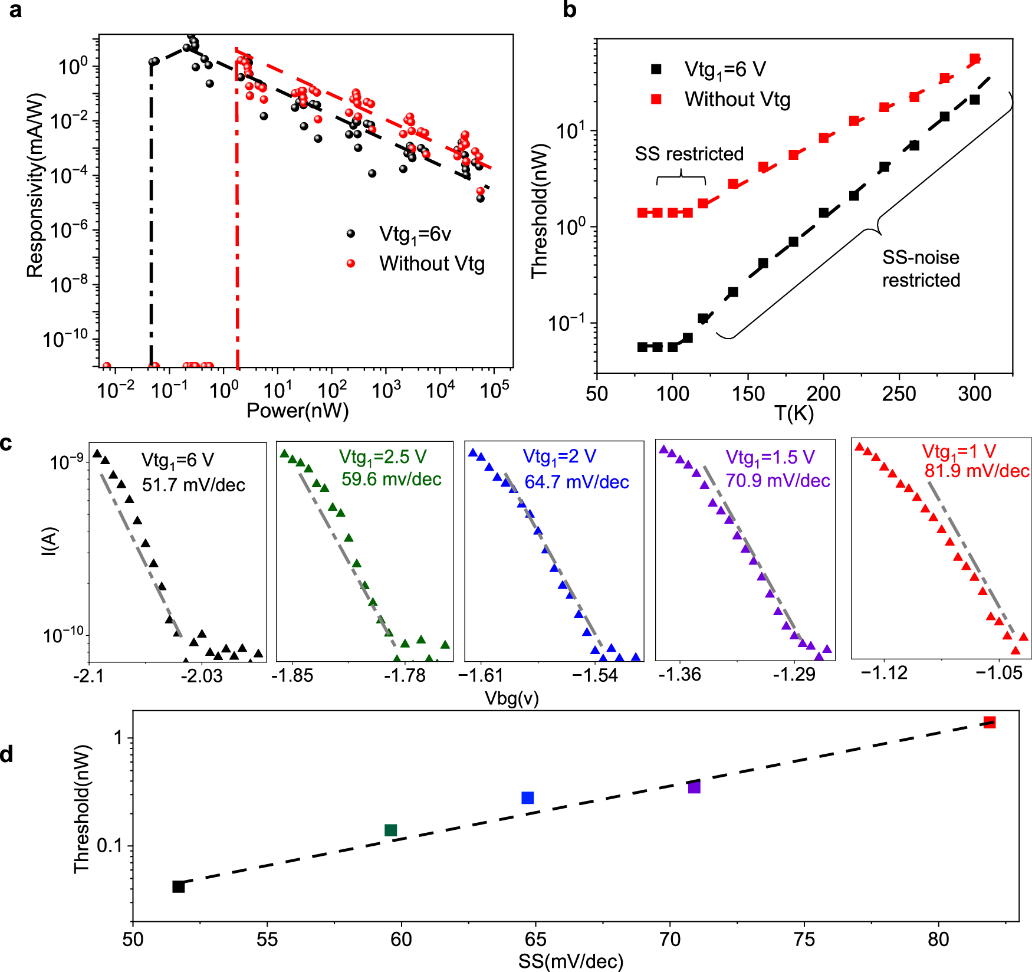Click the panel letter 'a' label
coord(15,10)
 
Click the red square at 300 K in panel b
coord(975,59)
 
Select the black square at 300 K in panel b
coord(975,100)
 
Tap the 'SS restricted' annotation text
coord(689,154)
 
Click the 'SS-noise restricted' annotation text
coord(921,268)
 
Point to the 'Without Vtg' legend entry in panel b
coord(737,99)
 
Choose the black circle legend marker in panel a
coord(351,234)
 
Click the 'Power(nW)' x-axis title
coord(297,411)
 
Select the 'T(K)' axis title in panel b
coord(794,413)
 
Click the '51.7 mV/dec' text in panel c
coord(193,485)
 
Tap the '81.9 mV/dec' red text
coord(977,471)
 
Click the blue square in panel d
coord(528,797)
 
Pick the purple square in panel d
coord(694,787)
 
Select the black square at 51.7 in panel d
coord(179,886)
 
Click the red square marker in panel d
coord(990,723)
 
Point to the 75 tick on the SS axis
coord(804,940)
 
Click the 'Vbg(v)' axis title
coord(511,698)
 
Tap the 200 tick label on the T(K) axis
coord(823,393)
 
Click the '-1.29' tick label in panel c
coord(794,674)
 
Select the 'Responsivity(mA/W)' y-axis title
coord(35,185)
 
